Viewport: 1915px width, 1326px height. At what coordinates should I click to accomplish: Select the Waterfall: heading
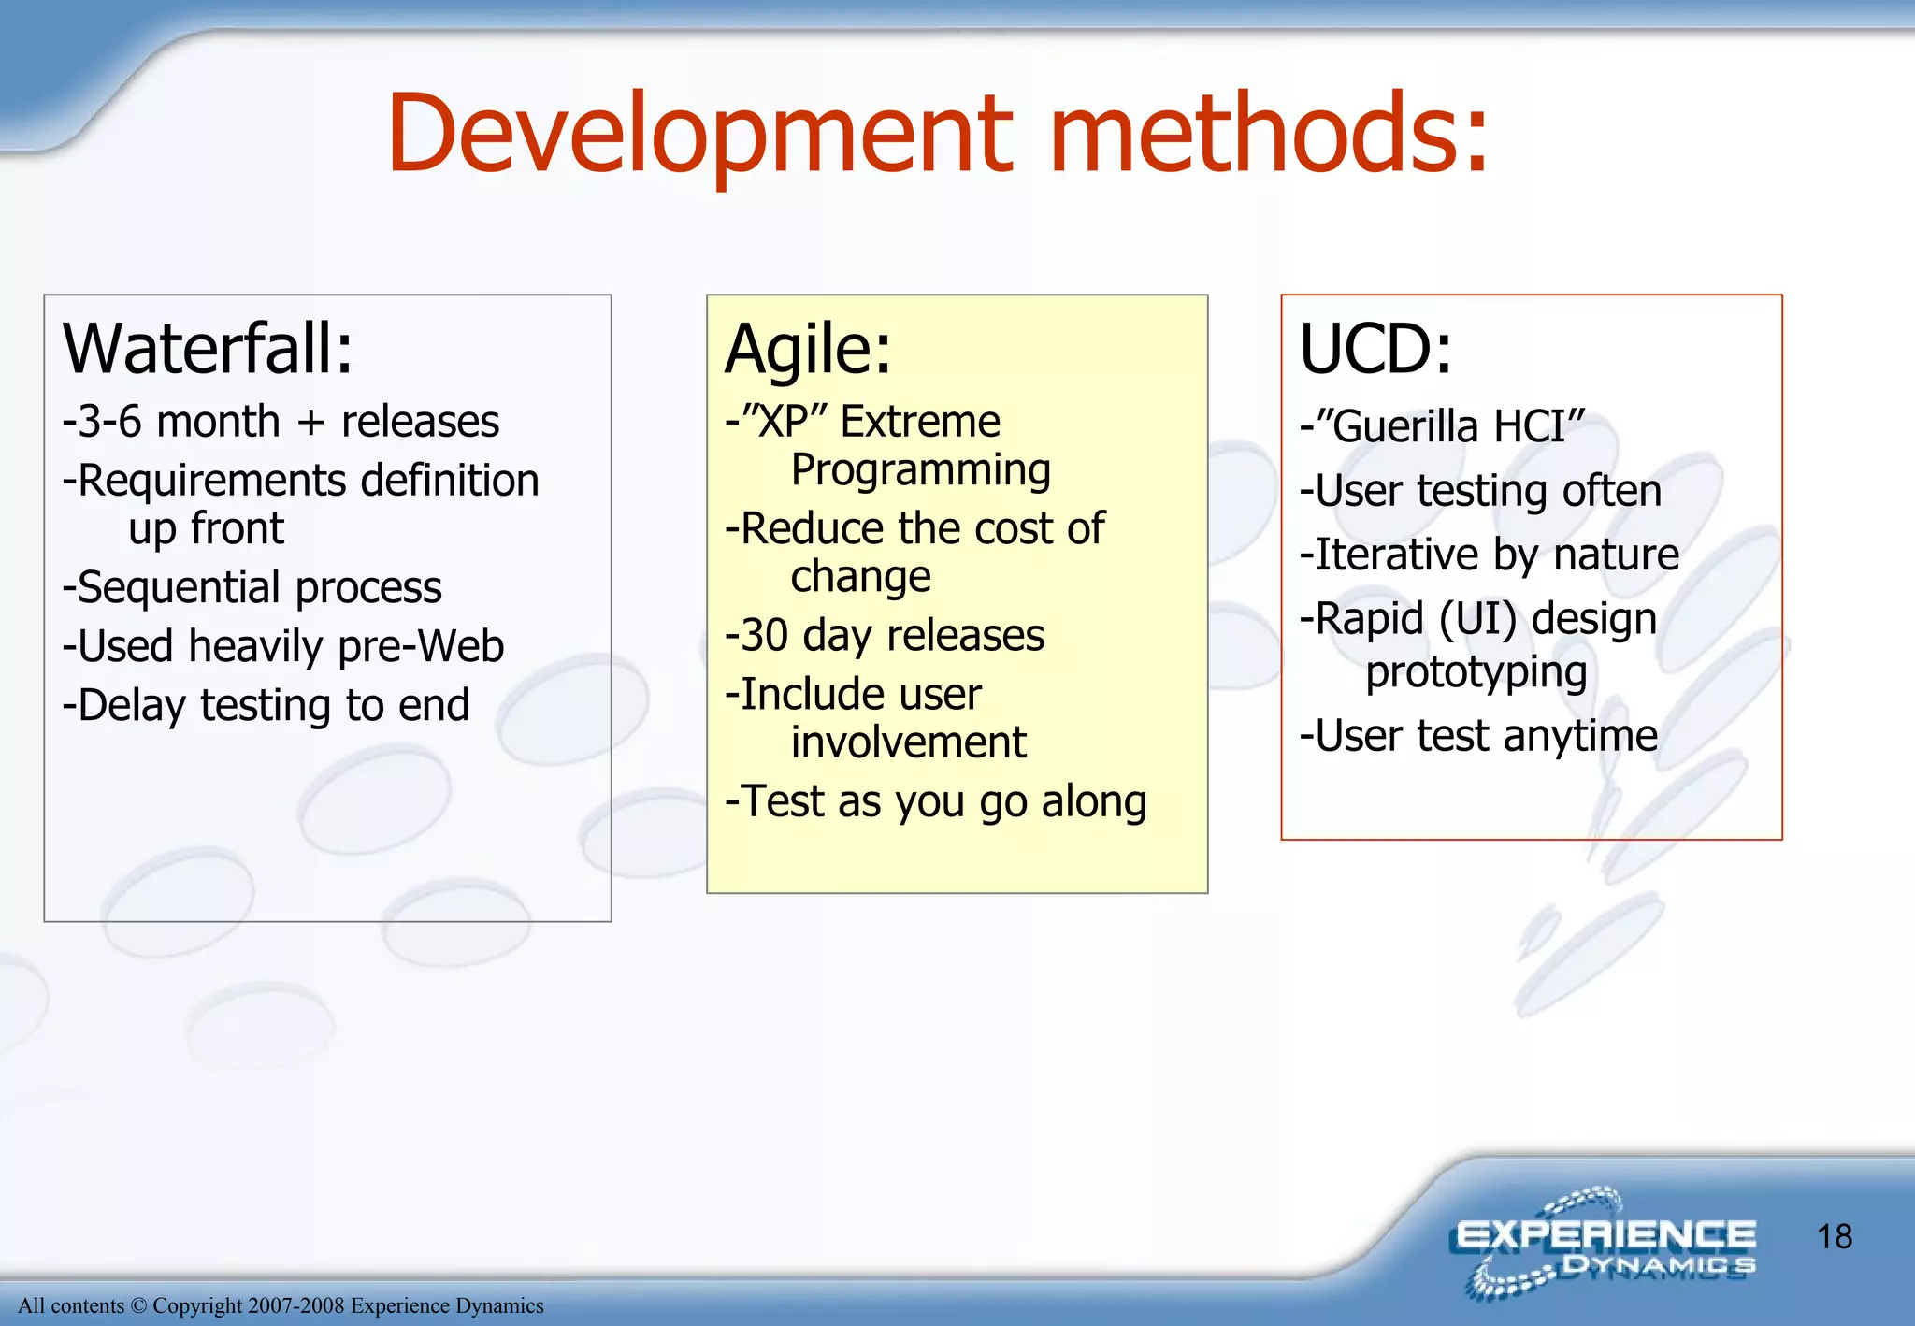coord(208,349)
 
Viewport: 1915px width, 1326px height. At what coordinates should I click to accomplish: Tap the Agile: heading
coord(808,349)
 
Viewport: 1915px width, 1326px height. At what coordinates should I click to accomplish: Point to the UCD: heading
coord(1375,349)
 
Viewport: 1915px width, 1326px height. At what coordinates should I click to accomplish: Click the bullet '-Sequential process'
coord(252,588)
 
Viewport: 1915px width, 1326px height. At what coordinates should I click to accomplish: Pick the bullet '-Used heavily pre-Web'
coord(282,646)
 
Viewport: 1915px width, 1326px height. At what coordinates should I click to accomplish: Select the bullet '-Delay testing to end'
coord(266,705)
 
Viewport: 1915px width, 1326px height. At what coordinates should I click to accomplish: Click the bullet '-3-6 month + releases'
coord(281,422)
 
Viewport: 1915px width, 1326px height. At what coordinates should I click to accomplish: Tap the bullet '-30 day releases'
coord(885,636)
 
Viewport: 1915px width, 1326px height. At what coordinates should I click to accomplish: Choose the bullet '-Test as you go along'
coord(936,801)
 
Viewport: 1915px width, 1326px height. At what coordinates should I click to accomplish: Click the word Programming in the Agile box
coord(920,470)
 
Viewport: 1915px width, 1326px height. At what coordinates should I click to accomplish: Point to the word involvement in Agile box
coord(908,742)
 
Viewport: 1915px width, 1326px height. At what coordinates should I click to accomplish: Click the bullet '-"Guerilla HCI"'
coord(1442,426)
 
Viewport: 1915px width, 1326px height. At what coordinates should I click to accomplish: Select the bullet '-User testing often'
coord(1480,491)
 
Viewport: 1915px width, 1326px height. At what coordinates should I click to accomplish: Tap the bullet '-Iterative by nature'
coord(1490,555)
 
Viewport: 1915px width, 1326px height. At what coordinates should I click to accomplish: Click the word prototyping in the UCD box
coord(1476,672)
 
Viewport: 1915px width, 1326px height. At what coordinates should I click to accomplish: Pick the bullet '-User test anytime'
coord(1478,736)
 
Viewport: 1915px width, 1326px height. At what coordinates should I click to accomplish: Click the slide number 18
coord(1834,1236)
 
